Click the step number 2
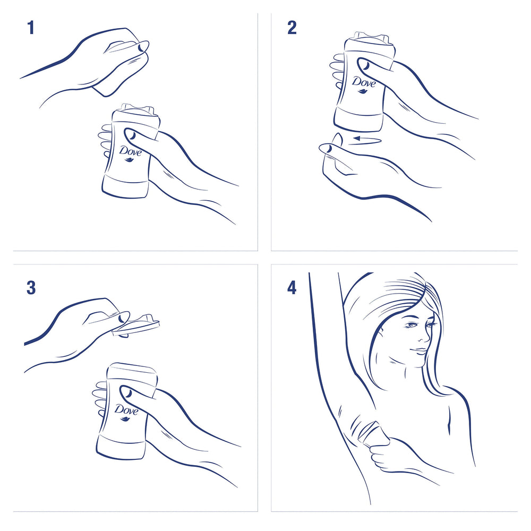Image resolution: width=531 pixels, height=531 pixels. (x=292, y=28)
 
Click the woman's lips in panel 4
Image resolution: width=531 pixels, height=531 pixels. (x=421, y=351)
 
